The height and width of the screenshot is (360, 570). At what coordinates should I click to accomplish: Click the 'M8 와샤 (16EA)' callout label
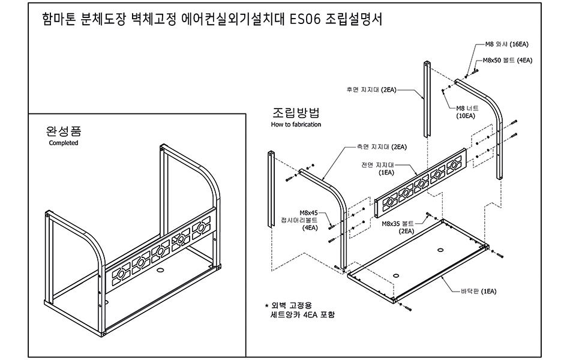[507, 44]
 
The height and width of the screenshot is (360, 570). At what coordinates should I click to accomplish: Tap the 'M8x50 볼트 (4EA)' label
[508, 61]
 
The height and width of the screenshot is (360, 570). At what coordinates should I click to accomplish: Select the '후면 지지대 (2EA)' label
[371, 90]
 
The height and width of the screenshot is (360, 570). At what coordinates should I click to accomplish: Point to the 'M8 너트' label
[467, 108]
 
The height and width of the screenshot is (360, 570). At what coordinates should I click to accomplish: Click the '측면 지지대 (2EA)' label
[382, 147]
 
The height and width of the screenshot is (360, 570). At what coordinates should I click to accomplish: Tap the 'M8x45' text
[308, 213]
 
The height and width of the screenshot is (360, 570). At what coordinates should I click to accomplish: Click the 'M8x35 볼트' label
[398, 224]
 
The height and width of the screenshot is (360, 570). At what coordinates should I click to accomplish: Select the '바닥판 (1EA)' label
[478, 291]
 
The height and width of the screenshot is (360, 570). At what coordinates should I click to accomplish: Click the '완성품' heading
[64, 131]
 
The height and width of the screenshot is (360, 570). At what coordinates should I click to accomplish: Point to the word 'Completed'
[64, 143]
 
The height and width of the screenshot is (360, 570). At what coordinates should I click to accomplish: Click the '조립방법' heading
[296, 112]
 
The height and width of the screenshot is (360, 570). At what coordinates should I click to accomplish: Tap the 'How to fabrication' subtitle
[296, 124]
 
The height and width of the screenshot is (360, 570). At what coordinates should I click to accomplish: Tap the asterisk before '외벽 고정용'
[266, 306]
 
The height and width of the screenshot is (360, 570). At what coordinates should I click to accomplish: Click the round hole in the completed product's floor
[160, 271]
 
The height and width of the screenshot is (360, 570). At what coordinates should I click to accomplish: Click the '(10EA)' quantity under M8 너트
[466, 116]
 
